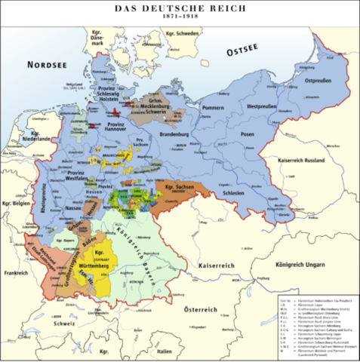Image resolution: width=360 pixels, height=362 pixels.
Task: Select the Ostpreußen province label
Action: pyautogui.click(x=317, y=79)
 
